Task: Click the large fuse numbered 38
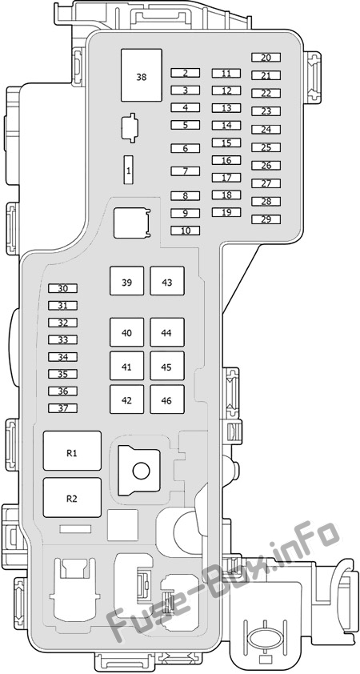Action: [x=142, y=75]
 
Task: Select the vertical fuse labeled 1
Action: [x=129, y=171]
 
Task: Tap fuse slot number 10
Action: [x=185, y=231]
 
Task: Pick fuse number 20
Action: [x=266, y=57]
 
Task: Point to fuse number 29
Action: [x=266, y=219]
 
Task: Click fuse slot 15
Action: [x=226, y=143]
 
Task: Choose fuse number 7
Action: [x=185, y=171]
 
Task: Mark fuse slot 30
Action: [x=62, y=288]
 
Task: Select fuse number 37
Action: [x=62, y=408]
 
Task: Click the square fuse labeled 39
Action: [x=126, y=281]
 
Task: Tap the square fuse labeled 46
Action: [x=167, y=399]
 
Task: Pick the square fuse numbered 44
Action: [x=167, y=332]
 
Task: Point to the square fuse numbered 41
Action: [x=126, y=366]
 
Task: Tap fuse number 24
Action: [x=266, y=130]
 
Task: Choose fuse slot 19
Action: [x=226, y=212]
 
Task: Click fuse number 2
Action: [x=185, y=73]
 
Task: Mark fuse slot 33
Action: [x=62, y=340]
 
